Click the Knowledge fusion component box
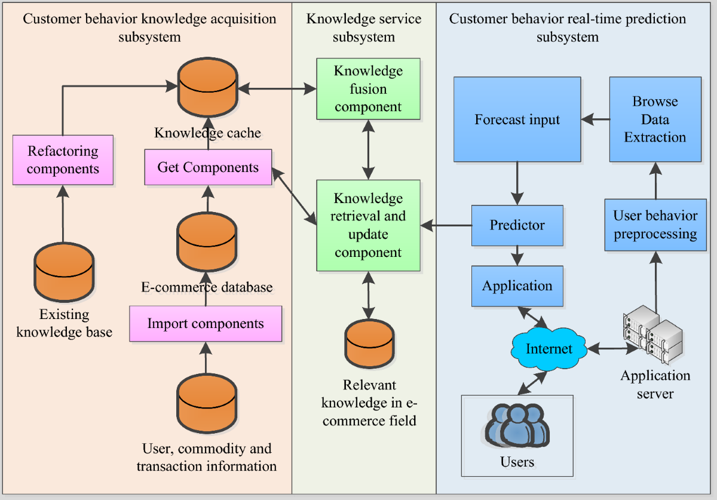pyautogui.click(x=368, y=89)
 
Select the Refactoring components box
pyautogui.click(x=63, y=160)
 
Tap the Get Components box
pyautogui.click(x=208, y=167)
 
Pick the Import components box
pyautogui.click(x=206, y=324)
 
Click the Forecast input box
pyautogui.click(x=517, y=119)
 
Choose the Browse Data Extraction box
pyautogui.click(x=655, y=119)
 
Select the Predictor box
pyautogui.click(x=517, y=225)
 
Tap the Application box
pyautogui.click(x=517, y=286)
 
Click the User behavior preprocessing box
pyautogui.click(x=655, y=225)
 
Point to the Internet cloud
pyautogui.click(x=549, y=349)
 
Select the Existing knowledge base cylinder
pyautogui.click(x=64, y=271)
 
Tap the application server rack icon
pyautogui.click(x=652, y=335)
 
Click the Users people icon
pyautogui.click(x=517, y=425)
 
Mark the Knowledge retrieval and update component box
pyautogui.click(x=368, y=225)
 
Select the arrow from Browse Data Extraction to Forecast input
pyautogui.click(x=596, y=119)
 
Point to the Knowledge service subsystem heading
pyautogui.click(x=363, y=27)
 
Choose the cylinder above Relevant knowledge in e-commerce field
pyautogui.click(x=368, y=345)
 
